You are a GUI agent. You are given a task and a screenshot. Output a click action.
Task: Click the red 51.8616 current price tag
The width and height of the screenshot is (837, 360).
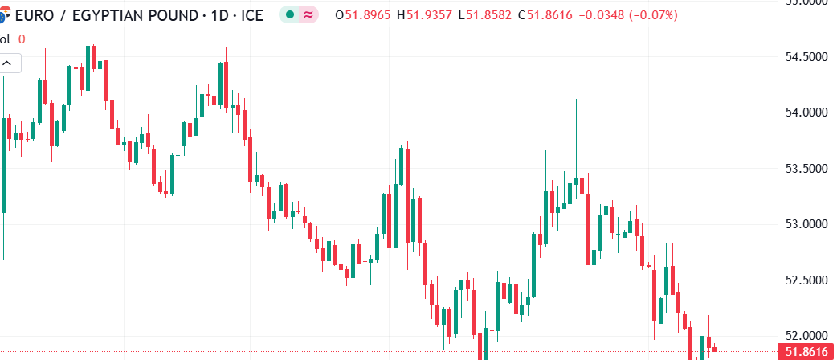[x=807, y=351]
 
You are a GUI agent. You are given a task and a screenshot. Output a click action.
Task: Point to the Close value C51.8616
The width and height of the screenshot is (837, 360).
[x=545, y=15]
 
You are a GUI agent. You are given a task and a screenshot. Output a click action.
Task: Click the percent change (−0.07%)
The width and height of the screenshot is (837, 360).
[x=647, y=15]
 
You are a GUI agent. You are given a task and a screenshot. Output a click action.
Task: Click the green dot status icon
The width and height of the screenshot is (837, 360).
[x=289, y=15]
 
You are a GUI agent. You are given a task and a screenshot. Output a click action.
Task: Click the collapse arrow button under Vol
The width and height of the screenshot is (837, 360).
[x=6, y=62]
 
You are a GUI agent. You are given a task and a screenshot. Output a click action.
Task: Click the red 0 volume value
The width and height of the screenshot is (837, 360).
[x=22, y=39]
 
